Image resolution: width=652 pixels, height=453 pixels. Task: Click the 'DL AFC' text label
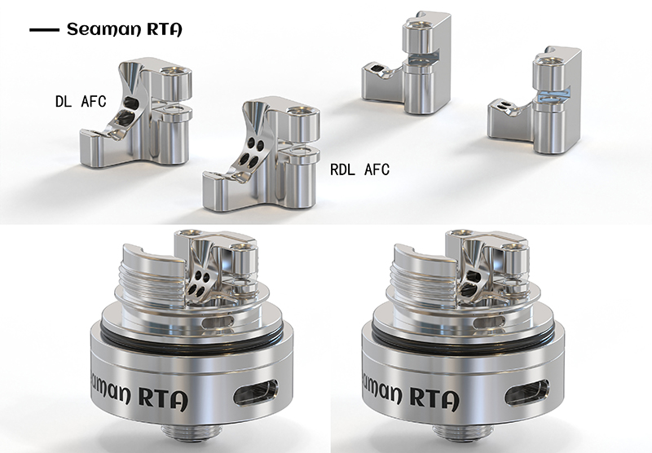pyautogui.click(x=81, y=101)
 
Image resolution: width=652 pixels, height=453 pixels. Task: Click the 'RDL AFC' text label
pyautogui.click(x=359, y=169)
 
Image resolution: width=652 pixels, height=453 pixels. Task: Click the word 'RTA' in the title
pyautogui.click(x=165, y=29)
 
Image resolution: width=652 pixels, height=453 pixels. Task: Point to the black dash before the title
pyautogui.click(x=44, y=30)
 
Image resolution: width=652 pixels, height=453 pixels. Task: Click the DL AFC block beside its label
pyautogui.click(x=136, y=112)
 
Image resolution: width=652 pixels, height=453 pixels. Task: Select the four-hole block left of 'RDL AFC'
pyautogui.click(x=262, y=154)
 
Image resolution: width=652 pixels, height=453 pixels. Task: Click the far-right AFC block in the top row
pyautogui.click(x=535, y=100)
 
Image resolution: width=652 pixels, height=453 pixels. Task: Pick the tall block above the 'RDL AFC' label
pyautogui.click(x=407, y=63)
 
